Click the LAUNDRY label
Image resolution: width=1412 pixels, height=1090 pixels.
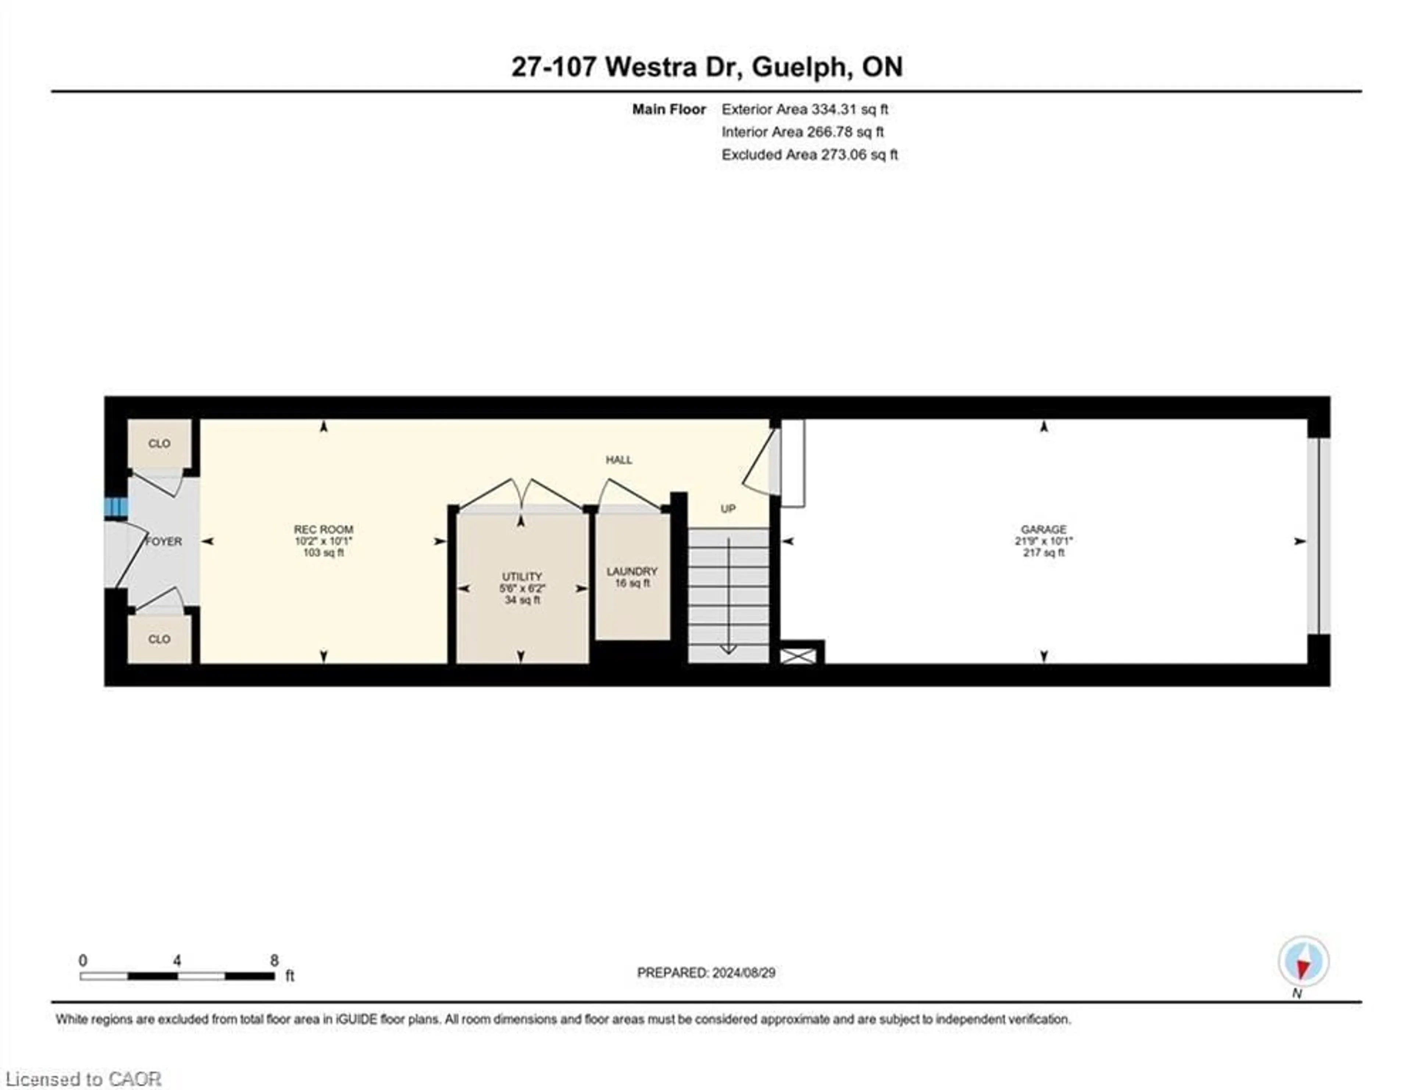(632, 571)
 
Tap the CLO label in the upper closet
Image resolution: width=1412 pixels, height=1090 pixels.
(159, 444)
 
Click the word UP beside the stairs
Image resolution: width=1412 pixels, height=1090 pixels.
(728, 509)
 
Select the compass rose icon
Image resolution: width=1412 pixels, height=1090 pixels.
(1304, 961)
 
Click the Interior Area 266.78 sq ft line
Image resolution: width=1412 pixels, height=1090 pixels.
(802, 132)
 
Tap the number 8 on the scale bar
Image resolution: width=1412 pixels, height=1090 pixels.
(274, 961)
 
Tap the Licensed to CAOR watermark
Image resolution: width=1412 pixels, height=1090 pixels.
(83, 1079)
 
